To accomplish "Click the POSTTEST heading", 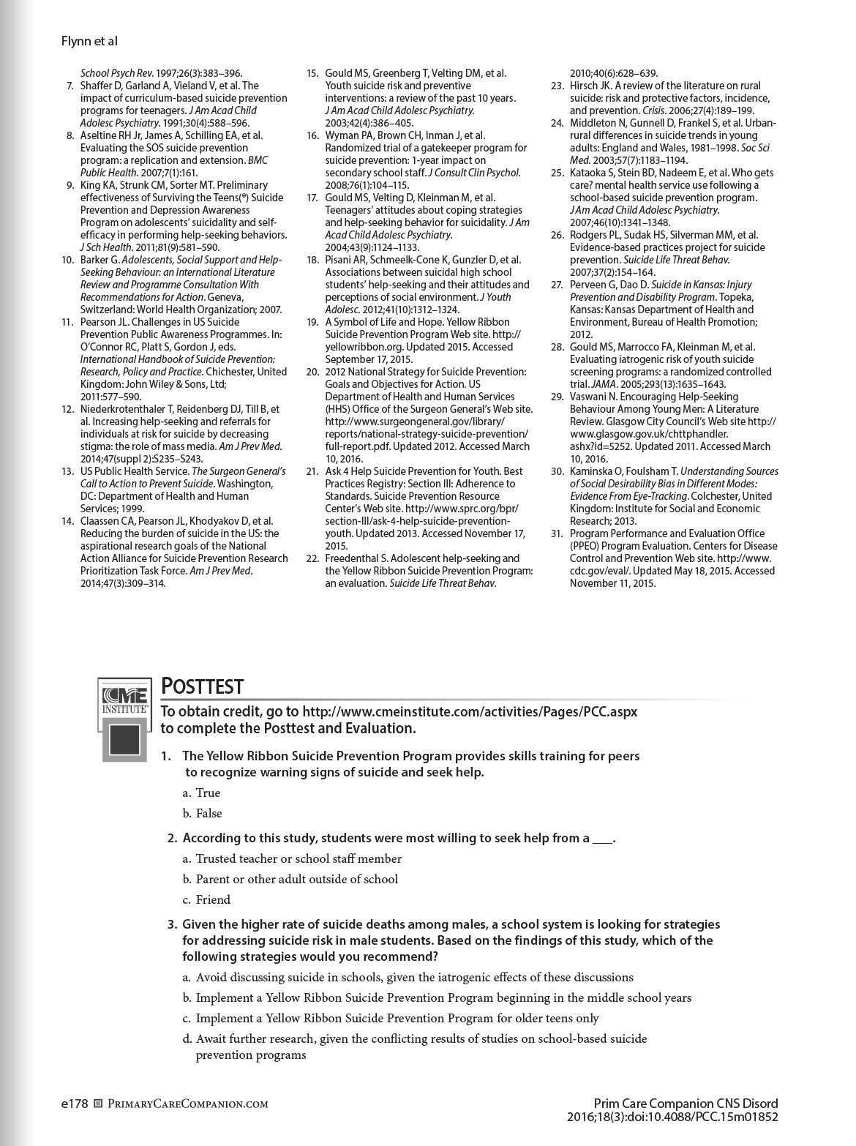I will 202,686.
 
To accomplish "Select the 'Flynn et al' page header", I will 89,42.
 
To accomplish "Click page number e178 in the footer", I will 75,1104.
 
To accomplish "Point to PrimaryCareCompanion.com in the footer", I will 187,1104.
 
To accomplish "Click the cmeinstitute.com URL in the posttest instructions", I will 469,711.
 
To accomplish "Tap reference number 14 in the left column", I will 68,521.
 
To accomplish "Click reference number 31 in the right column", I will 557,533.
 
